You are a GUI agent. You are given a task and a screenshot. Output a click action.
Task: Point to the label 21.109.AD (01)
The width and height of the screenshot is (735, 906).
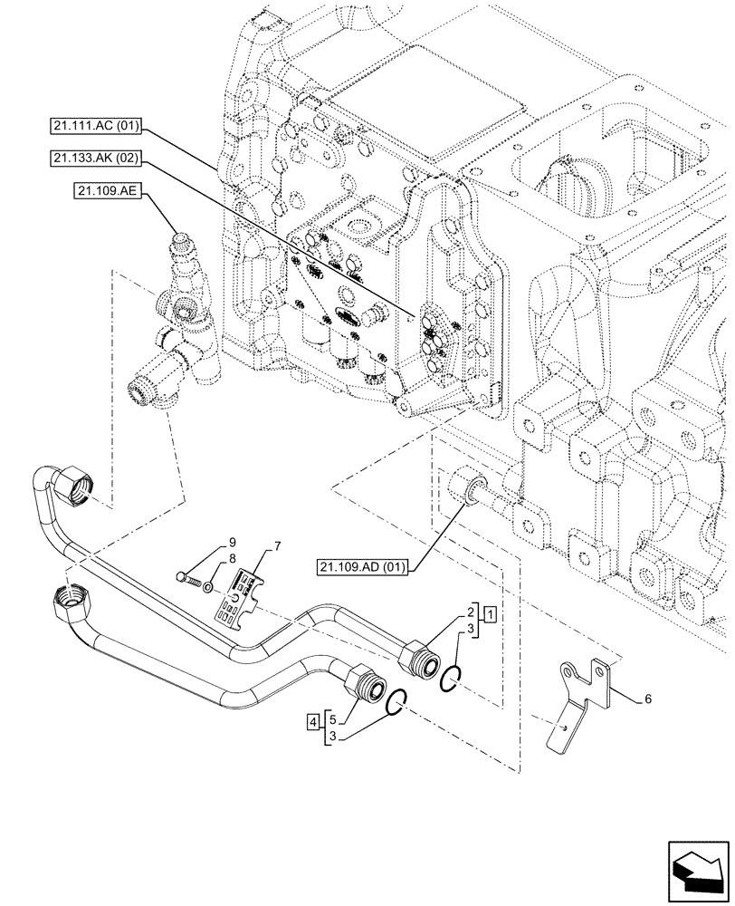pos(362,568)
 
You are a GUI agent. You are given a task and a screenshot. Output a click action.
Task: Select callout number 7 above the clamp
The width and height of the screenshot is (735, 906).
pos(278,547)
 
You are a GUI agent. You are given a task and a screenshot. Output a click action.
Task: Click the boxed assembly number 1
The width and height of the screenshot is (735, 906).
pos(490,615)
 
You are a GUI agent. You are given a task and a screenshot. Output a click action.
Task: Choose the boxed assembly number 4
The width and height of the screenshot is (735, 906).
pos(312,723)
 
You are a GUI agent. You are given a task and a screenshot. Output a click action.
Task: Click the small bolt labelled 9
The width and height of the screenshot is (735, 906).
pos(186,577)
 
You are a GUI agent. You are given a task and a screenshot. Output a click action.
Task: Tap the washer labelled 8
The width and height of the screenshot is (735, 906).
pos(208,587)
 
